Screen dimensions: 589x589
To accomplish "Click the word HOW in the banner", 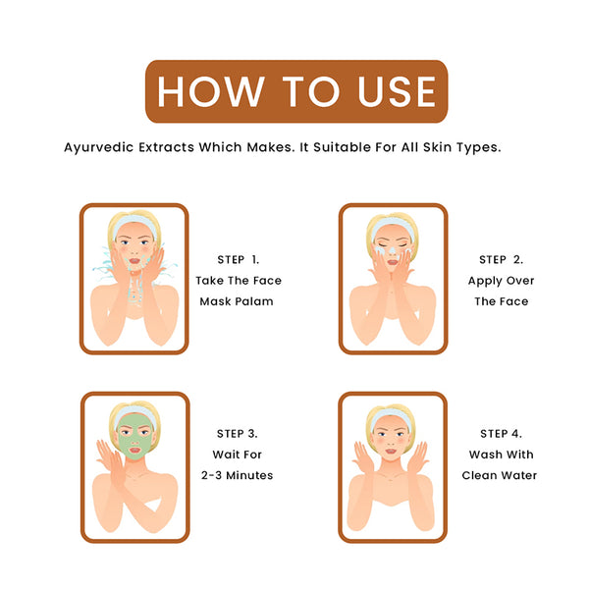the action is (210, 91).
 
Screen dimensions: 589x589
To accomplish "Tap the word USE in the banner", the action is (397, 91).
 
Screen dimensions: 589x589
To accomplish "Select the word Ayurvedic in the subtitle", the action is (99, 147).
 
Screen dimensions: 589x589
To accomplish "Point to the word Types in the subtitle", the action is (479, 147).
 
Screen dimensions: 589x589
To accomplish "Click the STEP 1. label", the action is (239, 259).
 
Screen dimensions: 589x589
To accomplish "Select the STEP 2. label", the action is (501, 259).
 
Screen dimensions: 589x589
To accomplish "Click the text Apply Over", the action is (501, 281).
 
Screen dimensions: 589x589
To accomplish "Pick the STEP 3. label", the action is (237, 434).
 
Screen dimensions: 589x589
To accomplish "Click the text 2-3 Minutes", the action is (237, 475).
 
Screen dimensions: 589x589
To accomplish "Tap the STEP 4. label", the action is (501, 434).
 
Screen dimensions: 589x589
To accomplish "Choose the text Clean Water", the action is (500, 475).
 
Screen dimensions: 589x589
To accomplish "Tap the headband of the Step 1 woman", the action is (134, 223).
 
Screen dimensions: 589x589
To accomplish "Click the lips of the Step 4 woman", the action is (391, 451).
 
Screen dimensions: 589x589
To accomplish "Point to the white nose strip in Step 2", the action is (392, 249).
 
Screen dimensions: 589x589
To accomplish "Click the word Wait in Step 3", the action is (225, 455).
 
